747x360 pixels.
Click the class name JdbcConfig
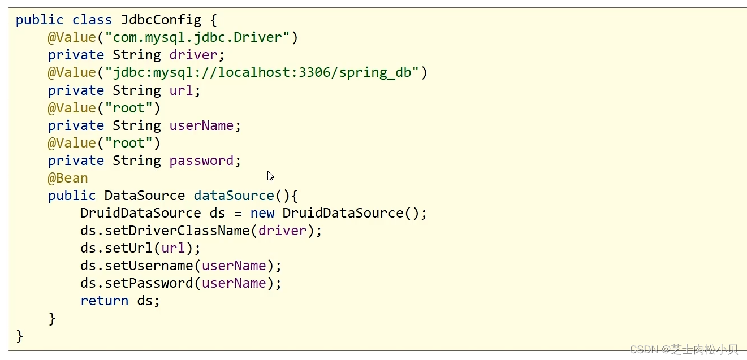point(161,20)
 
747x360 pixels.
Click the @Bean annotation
point(68,178)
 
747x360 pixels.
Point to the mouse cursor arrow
point(270,176)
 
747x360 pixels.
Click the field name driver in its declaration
point(193,55)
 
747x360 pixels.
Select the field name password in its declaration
point(201,161)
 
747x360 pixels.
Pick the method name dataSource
point(234,196)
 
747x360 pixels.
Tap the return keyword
point(104,301)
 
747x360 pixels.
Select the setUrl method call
point(129,248)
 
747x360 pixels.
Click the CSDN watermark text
point(684,349)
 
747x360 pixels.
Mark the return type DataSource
point(144,196)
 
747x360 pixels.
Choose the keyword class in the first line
point(92,20)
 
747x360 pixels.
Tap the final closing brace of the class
point(20,336)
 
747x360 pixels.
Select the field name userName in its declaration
point(201,125)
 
